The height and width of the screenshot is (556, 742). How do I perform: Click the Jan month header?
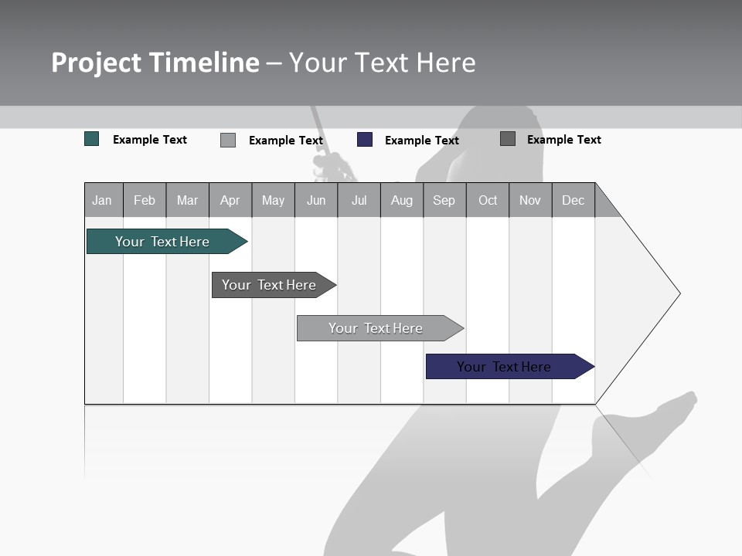point(102,201)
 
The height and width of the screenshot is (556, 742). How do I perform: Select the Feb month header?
point(145,201)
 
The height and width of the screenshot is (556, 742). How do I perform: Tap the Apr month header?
point(230,201)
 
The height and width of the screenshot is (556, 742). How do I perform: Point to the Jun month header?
point(316,201)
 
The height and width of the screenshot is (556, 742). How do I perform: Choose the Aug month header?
point(401,201)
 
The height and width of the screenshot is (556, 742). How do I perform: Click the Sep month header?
point(444,201)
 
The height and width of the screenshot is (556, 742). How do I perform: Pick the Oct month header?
point(488,201)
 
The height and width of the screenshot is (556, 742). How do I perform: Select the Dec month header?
point(573,201)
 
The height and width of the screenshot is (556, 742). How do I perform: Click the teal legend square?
point(92,139)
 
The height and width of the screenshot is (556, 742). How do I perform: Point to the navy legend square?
point(365,140)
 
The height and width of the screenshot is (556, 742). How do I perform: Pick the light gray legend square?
point(228,140)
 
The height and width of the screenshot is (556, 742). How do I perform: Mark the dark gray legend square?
point(508,139)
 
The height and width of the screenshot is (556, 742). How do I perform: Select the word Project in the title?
point(96,63)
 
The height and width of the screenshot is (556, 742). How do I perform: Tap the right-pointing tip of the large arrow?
point(677,293)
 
